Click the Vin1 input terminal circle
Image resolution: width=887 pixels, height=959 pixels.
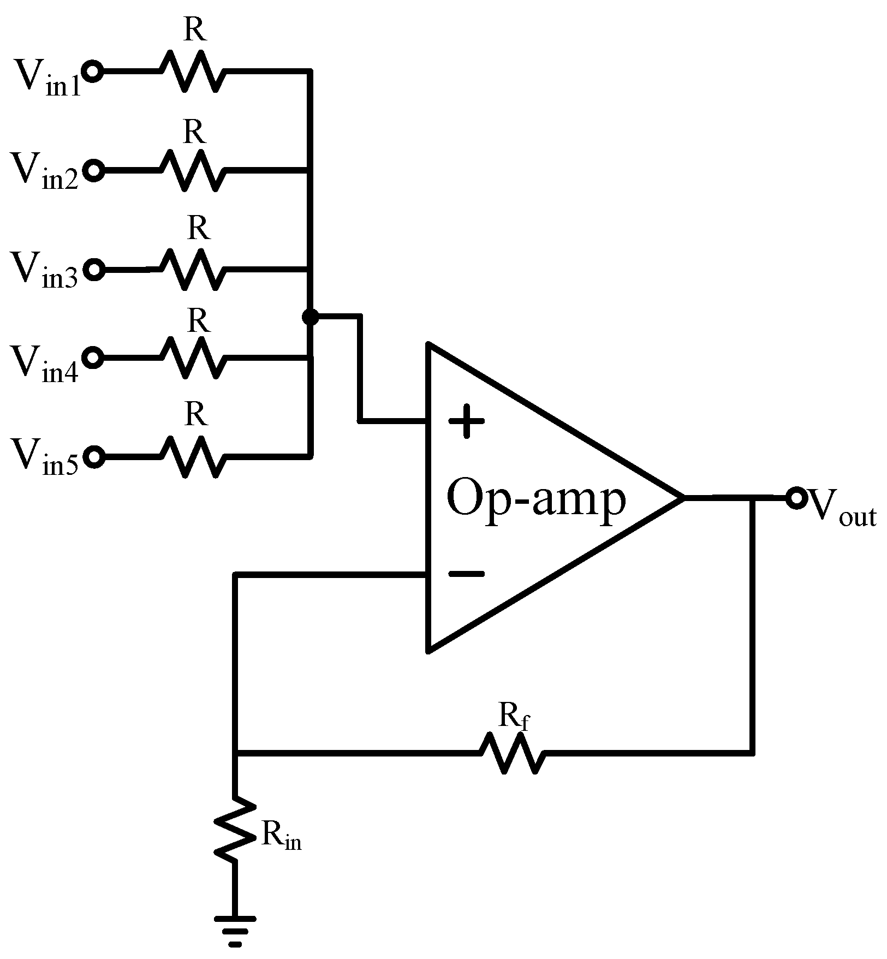pyautogui.click(x=93, y=72)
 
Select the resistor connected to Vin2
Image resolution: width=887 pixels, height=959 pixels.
pyautogui.click(x=191, y=171)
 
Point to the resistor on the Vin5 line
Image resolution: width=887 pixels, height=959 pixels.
pyautogui.click(x=191, y=456)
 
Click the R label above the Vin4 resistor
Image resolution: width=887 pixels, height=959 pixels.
pyautogui.click(x=198, y=321)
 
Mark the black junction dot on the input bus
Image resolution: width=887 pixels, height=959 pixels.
pyautogui.click(x=309, y=317)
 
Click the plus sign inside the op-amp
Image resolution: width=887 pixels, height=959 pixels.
pyautogui.click(x=466, y=421)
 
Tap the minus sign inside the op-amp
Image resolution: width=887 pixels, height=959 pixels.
pyautogui.click(x=466, y=574)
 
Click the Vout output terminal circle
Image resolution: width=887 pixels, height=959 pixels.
pyautogui.click(x=796, y=498)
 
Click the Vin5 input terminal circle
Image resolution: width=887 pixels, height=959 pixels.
pyautogui.click(x=94, y=456)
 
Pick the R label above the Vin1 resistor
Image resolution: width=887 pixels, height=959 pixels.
pyautogui.click(x=195, y=31)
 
